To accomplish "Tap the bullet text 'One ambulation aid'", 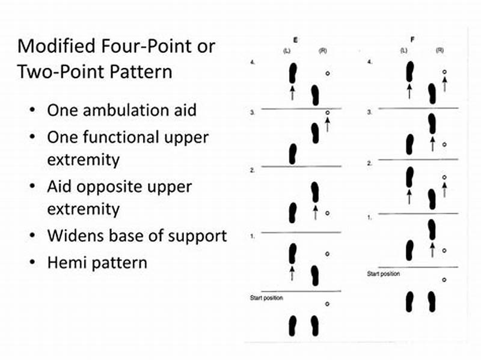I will (x=121, y=111).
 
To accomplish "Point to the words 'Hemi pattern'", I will (x=97, y=263).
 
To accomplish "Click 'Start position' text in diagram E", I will (x=266, y=298).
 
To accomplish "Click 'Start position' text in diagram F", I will (x=384, y=274).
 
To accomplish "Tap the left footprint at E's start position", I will (x=293, y=325).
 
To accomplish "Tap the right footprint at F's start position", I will (x=431, y=302).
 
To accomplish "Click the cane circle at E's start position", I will (x=327, y=304).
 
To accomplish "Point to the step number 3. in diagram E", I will (x=253, y=112).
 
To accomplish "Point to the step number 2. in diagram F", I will (x=370, y=163).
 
